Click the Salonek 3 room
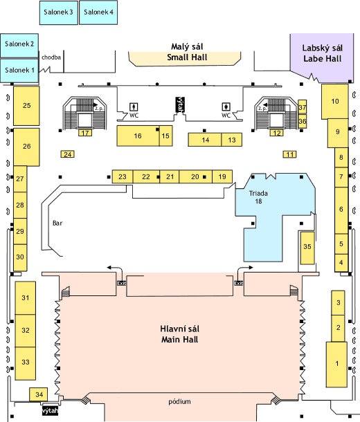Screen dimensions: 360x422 (59, 12)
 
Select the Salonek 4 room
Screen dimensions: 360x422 (98, 12)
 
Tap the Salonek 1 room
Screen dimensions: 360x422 (19, 71)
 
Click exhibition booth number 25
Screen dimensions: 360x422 (26, 105)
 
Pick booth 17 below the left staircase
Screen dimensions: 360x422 (85, 133)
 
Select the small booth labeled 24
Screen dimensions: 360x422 (68, 154)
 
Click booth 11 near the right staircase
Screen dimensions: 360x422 (289, 154)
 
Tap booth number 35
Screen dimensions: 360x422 (307, 248)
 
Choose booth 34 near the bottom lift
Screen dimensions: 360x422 (39, 394)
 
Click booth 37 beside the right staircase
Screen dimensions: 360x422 (302, 107)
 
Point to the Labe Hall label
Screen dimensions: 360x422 (322, 53)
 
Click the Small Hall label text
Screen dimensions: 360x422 (187, 57)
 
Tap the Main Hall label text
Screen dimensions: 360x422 (179, 340)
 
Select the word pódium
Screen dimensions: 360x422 (179, 401)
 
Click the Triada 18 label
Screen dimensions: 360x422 (258, 197)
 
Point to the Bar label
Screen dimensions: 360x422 (57, 223)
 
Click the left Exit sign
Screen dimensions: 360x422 (121, 284)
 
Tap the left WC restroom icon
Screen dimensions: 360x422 (134, 107)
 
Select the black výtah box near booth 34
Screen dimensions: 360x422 (50, 411)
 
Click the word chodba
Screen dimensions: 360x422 (51, 57)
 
